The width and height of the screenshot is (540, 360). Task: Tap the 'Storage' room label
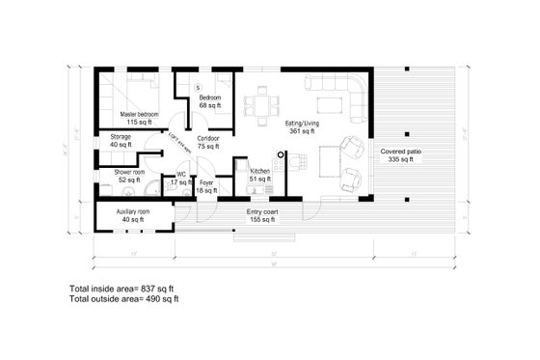coord(121,138)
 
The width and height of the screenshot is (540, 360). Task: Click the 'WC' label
coord(180,175)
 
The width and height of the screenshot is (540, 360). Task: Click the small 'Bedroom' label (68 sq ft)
coord(211,98)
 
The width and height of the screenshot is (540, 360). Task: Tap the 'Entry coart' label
coord(261,210)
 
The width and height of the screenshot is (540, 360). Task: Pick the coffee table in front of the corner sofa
coord(327,103)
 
